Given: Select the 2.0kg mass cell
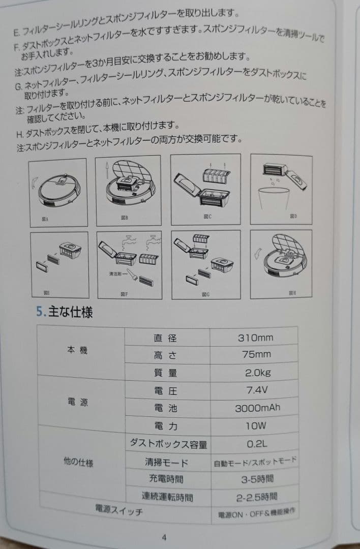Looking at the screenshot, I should [257, 373].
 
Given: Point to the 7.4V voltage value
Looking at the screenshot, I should [257, 391].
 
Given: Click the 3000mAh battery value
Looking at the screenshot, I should [257, 408].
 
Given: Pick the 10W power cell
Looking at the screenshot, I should [257, 426].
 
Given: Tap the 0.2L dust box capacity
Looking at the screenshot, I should [257, 444].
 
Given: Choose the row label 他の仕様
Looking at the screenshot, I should [78, 463].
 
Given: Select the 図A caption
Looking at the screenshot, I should [46, 219].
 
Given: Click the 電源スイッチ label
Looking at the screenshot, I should [119, 510].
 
